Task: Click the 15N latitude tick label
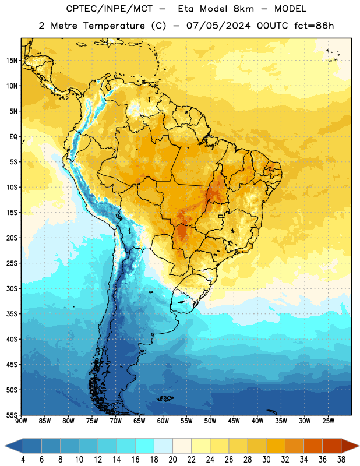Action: tap(12, 61)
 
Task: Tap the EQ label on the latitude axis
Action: tap(13, 137)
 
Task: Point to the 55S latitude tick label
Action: tap(12, 415)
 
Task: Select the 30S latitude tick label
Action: tap(12, 288)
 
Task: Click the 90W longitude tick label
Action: tap(21, 421)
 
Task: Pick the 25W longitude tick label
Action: tap(328, 421)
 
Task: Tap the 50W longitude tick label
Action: tap(210, 421)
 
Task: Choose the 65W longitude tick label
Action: tap(139, 421)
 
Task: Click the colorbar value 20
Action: tap(172, 460)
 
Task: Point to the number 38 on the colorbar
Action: tap(341, 460)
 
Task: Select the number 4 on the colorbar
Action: tap(23, 460)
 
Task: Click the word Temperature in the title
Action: tap(114, 26)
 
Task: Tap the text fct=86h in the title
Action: tap(314, 26)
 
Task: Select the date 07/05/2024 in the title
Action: tap(218, 26)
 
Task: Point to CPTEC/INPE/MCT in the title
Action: tap(110, 9)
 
